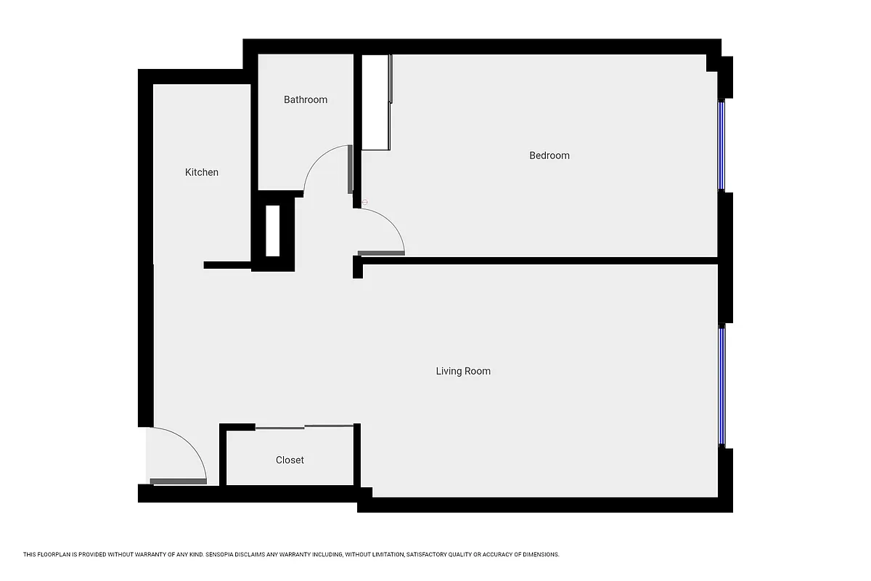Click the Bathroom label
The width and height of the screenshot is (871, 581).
pos(306,99)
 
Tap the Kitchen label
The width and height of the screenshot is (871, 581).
pos(202,172)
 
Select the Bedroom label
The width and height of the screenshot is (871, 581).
pos(549,155)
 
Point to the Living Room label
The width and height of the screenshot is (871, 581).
pos(463,371)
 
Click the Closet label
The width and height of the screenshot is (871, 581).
pos(290,460)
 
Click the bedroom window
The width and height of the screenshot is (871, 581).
pos(721,145)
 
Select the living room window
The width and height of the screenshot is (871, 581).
pos(721,385)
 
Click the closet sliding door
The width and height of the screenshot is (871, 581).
pos(305,426)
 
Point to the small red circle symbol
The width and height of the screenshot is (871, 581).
pos(364,202)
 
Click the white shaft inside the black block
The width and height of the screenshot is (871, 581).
pos(273,231)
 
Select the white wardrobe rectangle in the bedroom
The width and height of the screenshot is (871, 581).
pos(376,102)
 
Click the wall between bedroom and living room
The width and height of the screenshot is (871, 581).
pos(537,260)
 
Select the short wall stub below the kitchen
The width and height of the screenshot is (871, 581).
pos(227,265)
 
